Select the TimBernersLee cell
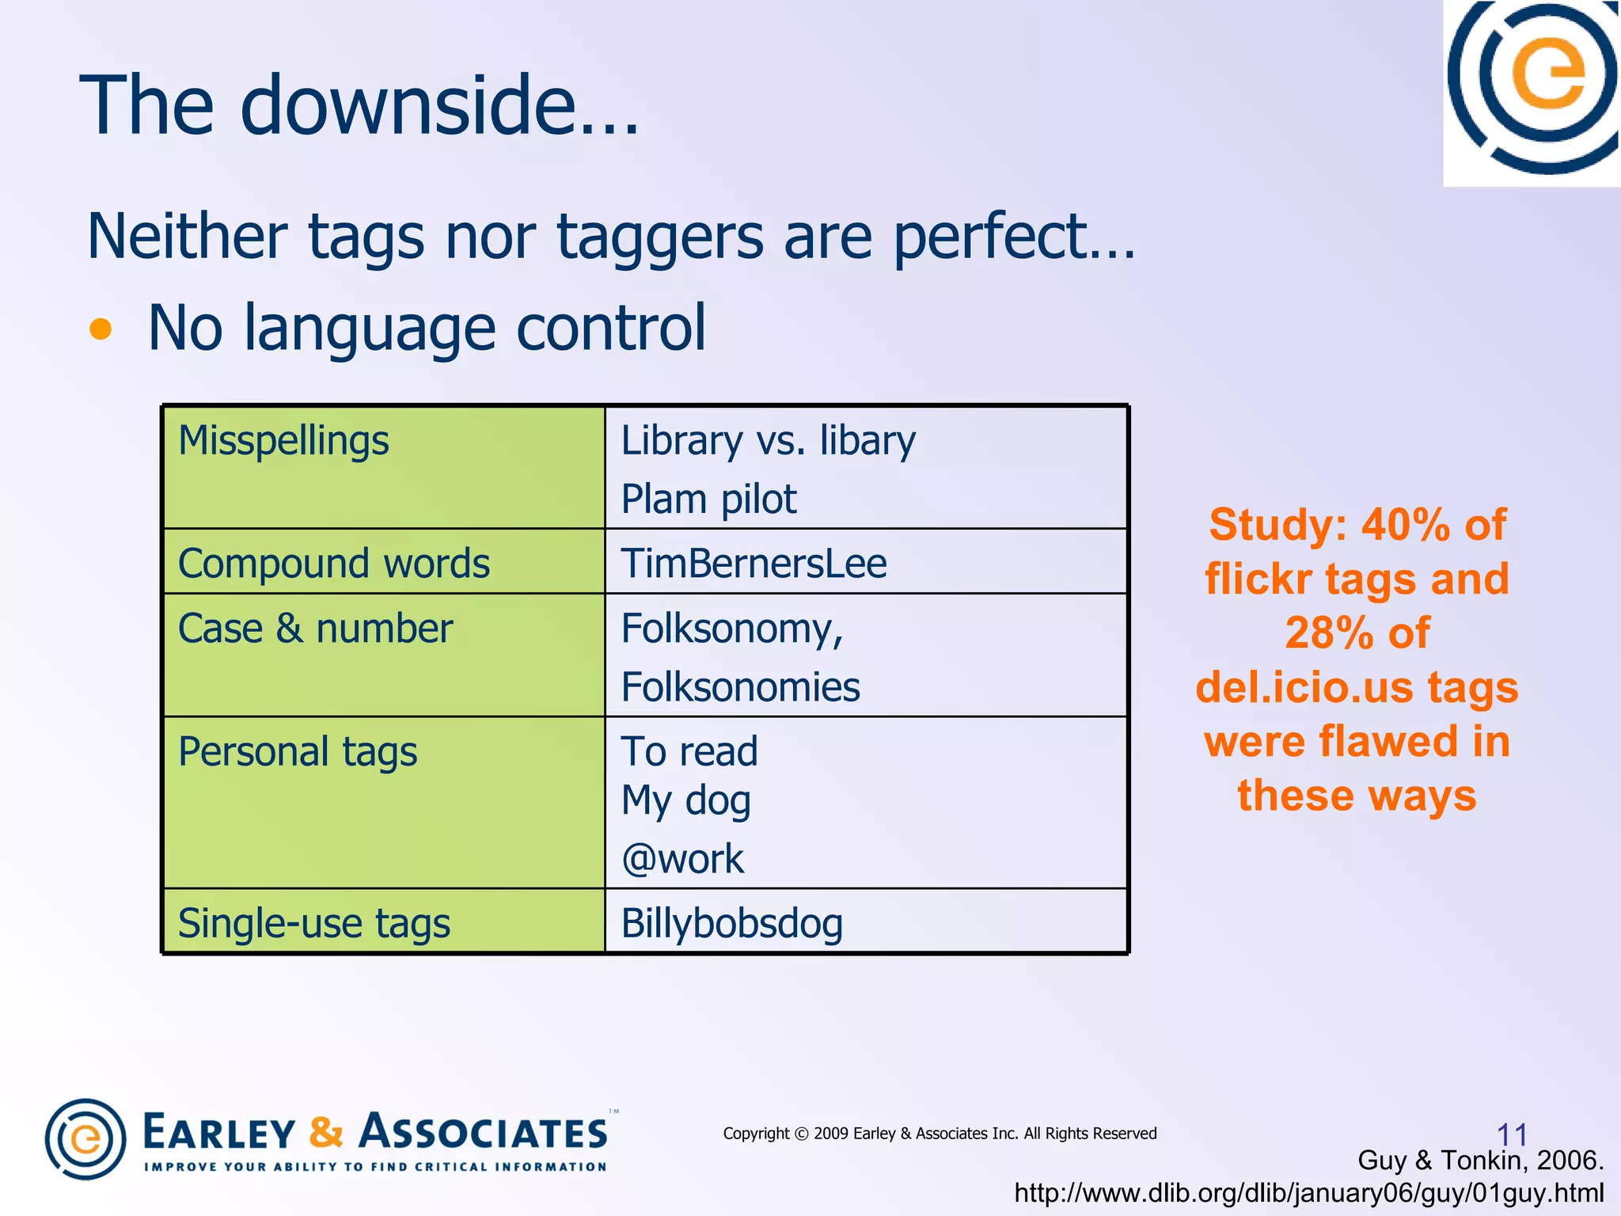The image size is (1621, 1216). [753, 564]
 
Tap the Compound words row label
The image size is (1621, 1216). [333, 564]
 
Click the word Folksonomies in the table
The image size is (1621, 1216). [739, 687]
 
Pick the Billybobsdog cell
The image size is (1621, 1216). [731, 923]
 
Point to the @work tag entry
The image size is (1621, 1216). [682, 859]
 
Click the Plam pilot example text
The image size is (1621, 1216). [708, 500]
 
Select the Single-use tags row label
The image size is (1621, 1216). [313, 923]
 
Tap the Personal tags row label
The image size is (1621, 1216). [297, 751]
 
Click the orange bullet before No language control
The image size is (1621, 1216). [101, 329]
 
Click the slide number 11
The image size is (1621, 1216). [1512, 1134]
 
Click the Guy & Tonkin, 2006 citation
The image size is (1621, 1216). [1480, 1161]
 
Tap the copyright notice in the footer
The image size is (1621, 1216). [940, 1134]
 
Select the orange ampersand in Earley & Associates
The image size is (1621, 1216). [326, 1132]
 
